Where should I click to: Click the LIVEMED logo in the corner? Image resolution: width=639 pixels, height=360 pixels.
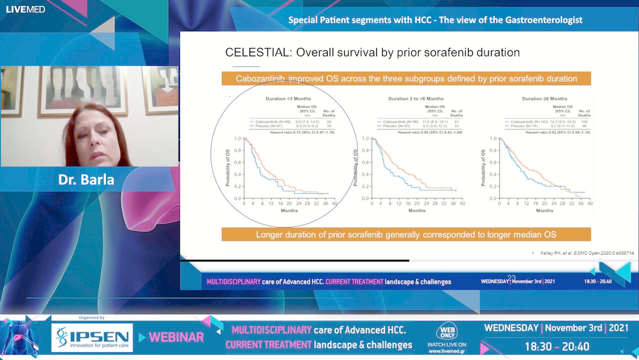point(25,9)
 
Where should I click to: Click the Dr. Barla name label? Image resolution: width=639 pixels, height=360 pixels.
point(86,179)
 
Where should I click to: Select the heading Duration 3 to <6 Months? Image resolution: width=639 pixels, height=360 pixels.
point(416,98)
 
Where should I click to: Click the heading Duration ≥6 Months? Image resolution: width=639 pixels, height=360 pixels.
point(544,98)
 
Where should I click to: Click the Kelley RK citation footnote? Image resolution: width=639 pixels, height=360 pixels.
point(586,253)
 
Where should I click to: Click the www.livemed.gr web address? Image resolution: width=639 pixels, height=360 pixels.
point(447,349)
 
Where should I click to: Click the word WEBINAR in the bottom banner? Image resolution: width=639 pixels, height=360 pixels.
point(176,337)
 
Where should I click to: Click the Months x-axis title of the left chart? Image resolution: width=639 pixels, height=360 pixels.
point(289,211)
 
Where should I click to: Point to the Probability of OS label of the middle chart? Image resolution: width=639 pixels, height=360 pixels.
point(356,168)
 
